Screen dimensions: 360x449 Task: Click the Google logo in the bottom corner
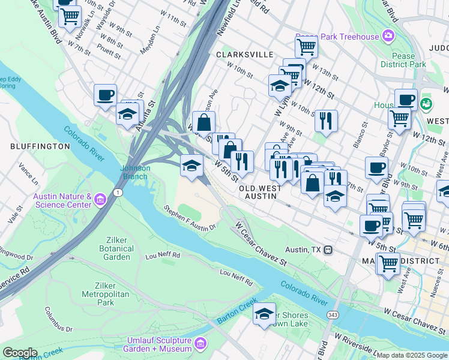click(20, 353)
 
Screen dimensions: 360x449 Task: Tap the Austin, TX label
click(304, 250)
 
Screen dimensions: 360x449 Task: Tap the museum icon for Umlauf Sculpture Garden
click(200, 344)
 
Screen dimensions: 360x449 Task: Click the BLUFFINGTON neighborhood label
click(40, 146)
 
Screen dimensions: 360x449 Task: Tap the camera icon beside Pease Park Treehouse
click(388, 37)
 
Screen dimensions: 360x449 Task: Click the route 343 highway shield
click(331, 314)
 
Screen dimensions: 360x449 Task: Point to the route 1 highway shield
click(118, 192)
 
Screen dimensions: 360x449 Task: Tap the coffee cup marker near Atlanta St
click(106, 94)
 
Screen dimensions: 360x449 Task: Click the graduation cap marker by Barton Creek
click(264, 313)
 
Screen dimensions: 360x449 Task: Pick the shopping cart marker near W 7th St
click(70, 16)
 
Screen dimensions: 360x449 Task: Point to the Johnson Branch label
click(136, 172)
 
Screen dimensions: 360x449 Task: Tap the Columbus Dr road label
click(58, 320)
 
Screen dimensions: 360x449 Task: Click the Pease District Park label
click(403, 60)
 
